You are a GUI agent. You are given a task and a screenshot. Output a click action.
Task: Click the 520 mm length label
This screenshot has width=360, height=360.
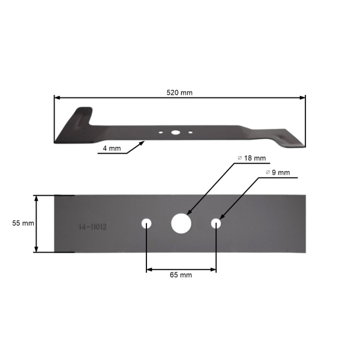pos(179,92)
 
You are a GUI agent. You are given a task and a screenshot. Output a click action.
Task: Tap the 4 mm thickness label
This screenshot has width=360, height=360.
pos(112,148)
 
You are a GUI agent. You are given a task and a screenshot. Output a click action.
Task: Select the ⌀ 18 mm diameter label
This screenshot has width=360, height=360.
pos(252,158)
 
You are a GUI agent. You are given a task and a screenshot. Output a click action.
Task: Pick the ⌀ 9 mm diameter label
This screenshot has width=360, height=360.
pos(278,172)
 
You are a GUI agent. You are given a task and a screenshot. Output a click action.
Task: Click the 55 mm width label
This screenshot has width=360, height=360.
pos(23,223)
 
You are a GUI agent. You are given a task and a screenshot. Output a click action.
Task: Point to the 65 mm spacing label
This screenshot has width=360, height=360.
pos(181,275)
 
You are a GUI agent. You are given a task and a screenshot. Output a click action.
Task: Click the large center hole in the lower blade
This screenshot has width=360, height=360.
pos(181,223)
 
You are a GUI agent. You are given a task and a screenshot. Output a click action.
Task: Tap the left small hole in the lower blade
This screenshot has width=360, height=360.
pos(146,224)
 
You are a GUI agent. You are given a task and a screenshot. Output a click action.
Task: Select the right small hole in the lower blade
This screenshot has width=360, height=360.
pos(216,223)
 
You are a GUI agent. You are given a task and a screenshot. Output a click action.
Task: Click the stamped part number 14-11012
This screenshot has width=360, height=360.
pos(93,227)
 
